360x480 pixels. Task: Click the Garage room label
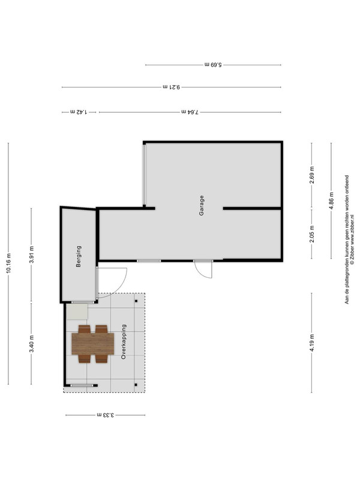(202, 205)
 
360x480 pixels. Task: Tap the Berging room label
(79, 257)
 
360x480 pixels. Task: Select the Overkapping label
(124, 341)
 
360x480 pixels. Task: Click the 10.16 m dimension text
(8, 263)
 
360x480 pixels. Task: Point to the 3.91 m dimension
(32, 254)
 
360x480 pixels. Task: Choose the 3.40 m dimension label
(32, 344)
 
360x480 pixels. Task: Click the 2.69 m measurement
(312, 175)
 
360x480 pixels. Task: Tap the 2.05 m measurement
(312, 234)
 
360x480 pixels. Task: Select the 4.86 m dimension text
(331, 201)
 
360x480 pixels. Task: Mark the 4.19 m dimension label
(312, 343)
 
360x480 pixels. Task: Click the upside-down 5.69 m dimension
(213, 65)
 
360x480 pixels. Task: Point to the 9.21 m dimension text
(172, 87)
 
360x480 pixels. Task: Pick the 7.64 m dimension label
(190, 112)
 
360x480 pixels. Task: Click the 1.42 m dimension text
(79, 112)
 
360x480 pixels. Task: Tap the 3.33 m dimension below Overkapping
(106, 415)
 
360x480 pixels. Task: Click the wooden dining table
(93, 344)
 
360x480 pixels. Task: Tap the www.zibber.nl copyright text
(352, 239)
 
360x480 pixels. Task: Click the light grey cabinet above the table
(77, 311)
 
